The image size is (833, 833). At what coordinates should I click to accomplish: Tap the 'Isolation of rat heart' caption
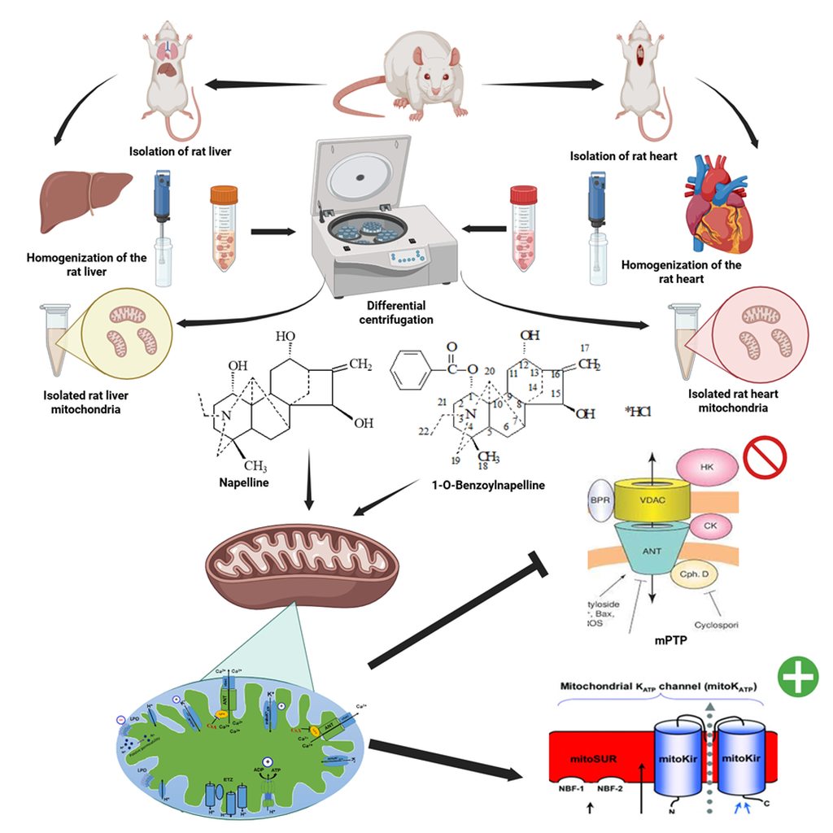point(623,156)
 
